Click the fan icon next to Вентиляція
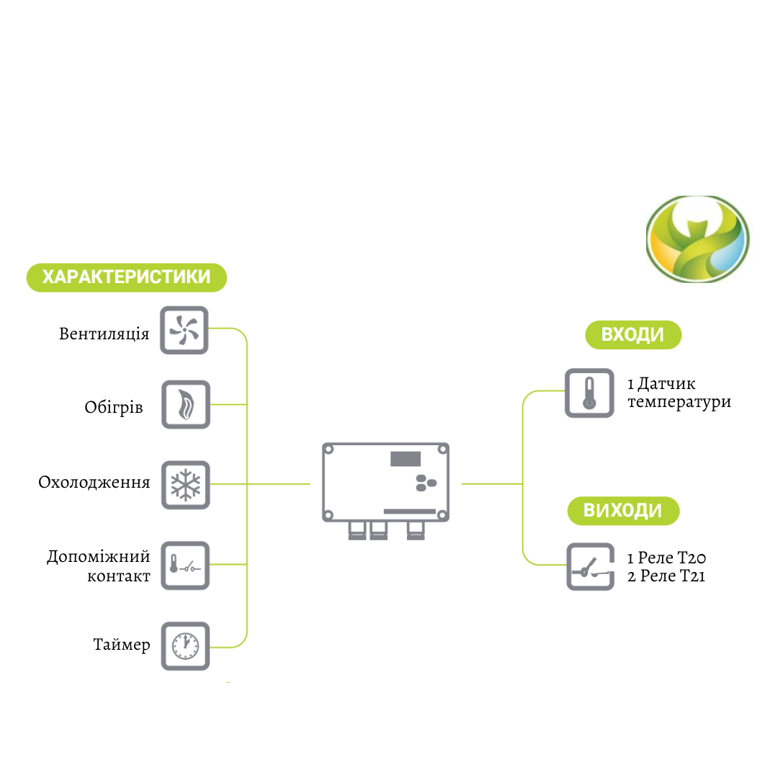coord(184,331)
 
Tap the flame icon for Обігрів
coord(185,405)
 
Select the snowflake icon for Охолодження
coord(185,485)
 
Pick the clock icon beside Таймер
coord(185,645)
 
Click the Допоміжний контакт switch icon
coord(185,565)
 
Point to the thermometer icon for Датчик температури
coord(589,393)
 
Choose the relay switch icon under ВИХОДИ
coord(590,567)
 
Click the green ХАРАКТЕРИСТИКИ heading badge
coord(127,277)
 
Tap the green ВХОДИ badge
coord(632,335)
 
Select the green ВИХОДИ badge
coord(622,511)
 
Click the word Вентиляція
coord(104,334)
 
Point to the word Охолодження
coord(94,482)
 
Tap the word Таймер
coord(122,644)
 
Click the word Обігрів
coord(114,408)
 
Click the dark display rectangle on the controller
coord(407,459)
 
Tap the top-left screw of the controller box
coord(328,450)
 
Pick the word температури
coord(679,402)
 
